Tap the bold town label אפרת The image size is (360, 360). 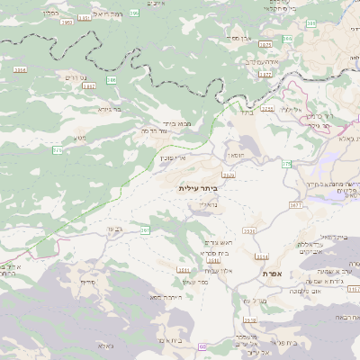click(x=273, y=273)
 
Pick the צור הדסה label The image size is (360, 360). click(x=157, y=131)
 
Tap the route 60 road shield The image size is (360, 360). click(x=202, y=346)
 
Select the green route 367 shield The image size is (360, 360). click(x=144, y=230)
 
